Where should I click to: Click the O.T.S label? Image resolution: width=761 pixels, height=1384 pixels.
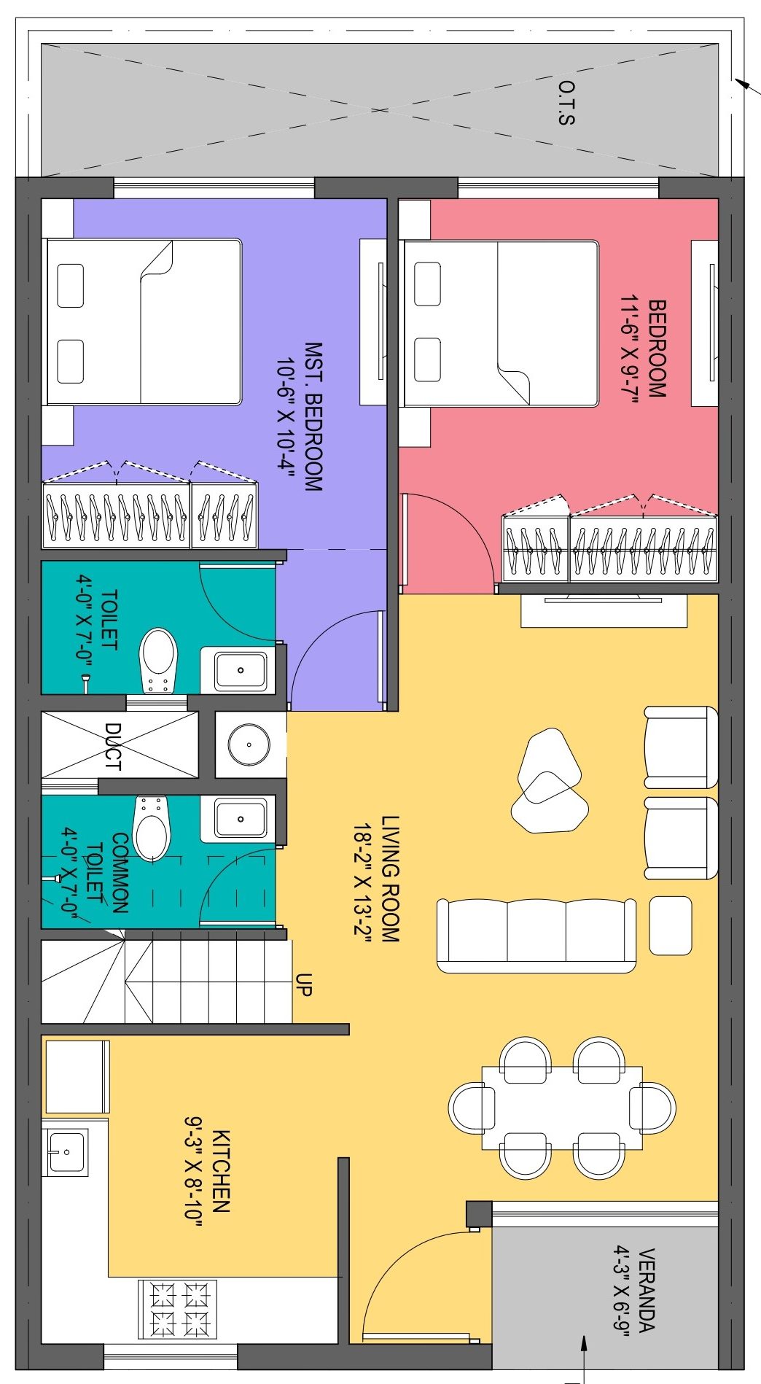point(566,103)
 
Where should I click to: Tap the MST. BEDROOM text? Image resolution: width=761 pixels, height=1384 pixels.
point(313,417)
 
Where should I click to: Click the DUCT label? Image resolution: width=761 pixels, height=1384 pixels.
point(113,746)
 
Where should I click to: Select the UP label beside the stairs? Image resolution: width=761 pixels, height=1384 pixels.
point(304,984)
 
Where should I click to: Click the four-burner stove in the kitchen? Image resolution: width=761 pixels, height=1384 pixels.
point(177,1310)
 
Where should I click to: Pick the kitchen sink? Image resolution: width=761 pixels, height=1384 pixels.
point(66,1152)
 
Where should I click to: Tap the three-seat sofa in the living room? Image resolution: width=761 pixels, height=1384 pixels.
point(536,936)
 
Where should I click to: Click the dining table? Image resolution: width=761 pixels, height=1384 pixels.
point(562,1108)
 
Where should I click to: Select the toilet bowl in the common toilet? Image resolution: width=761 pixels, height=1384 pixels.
point(152,828)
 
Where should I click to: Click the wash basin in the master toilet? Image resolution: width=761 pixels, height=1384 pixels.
point(240,669)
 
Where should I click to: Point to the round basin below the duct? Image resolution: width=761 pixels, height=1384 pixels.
point(249,745)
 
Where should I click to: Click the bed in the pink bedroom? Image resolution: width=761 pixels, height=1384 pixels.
point(501,323)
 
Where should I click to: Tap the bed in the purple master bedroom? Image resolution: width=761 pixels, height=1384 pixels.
point(143,322)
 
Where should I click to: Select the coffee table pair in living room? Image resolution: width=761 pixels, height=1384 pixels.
point(549,781)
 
